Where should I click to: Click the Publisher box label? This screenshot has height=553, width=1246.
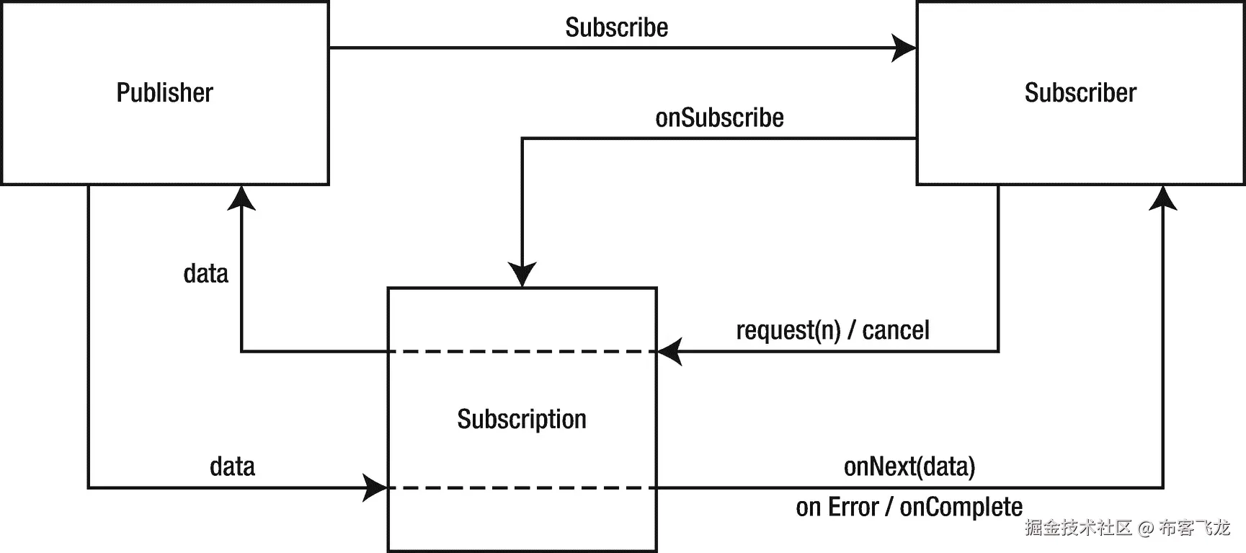tap(164, 93)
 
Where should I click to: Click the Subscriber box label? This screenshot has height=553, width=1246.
tap(1080, 93)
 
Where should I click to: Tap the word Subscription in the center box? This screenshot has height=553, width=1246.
tap(521, 420)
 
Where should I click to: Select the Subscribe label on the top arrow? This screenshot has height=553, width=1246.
tap(616, 28)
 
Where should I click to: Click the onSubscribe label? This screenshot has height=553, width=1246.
tap(718, 118)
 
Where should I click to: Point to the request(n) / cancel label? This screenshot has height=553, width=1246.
tap(832, 330)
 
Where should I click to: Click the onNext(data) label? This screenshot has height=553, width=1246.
tap(909, 467)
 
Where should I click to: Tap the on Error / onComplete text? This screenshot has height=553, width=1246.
tap(909, 508)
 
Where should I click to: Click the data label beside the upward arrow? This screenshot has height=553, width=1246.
tap(205, 274)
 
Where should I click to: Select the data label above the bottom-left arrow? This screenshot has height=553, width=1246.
tap(232, 467)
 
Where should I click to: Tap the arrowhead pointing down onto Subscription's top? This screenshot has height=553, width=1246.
tap(522, 275)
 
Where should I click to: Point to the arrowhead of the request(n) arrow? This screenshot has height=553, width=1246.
tap(669, 352)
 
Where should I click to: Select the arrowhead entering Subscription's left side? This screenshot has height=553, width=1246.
tap(375, 488)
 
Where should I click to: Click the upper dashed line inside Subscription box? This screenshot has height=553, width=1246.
tap(522, 352)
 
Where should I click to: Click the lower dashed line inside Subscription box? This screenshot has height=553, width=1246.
tap(522, 488)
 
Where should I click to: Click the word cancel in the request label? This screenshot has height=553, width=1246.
tap(895, 330)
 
